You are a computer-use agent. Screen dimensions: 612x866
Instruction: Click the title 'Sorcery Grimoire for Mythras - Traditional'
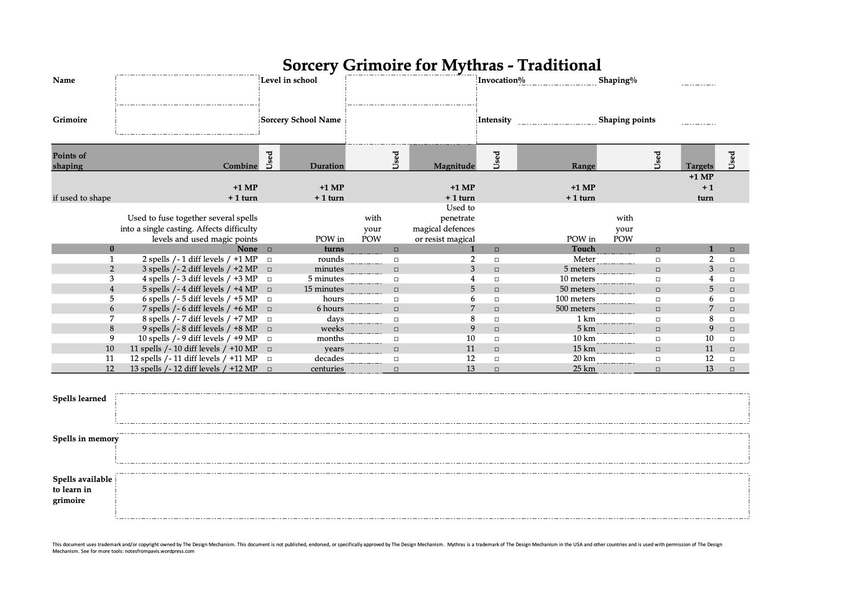(x=441, y=65)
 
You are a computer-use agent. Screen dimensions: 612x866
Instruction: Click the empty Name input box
(x=187, y=90)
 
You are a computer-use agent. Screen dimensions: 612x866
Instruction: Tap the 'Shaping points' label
(x=627, y=120)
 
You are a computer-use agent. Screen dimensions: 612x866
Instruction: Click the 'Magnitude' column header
(x=454, y=166)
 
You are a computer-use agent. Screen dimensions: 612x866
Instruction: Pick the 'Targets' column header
(x=699, y=166)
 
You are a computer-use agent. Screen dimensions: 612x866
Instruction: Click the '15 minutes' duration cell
(x=324, y=289)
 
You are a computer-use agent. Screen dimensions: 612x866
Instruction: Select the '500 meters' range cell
(x=575, y=309)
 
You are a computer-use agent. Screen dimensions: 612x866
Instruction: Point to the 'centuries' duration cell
(x=327, y=369)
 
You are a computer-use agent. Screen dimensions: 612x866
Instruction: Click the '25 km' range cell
(x=584, y=369)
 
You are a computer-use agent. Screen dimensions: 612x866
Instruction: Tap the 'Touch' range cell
(x=583, y=249)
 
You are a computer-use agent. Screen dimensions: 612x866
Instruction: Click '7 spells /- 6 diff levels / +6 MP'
(x=200, y=309)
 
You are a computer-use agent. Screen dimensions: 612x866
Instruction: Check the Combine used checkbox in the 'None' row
(x=270, y=249)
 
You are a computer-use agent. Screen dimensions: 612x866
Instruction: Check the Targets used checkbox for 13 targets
(x=732, y=369)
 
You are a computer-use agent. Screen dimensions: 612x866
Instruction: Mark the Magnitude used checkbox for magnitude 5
(x=497, y=290)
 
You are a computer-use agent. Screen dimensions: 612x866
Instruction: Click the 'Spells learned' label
(x=79, y=399)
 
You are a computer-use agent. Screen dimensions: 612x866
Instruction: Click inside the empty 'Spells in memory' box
(x=432, y=448)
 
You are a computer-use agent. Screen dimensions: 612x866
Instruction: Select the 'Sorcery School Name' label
(x=301, y=120)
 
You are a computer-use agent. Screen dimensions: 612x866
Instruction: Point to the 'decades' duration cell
(x=329, y=358)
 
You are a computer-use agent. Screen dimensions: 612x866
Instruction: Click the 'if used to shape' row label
(x=81, y=198)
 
